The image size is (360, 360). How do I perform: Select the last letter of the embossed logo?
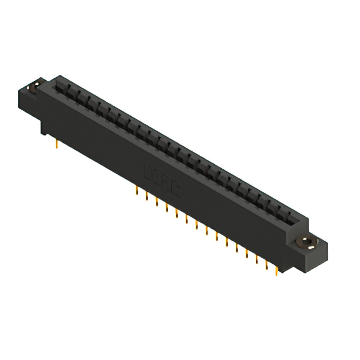(175, 190)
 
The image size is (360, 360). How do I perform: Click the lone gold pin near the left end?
(57, 146)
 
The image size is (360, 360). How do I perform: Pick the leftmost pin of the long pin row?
(137, 191)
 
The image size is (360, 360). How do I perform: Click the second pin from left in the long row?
(147, 197)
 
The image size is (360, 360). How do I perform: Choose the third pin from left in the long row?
(157, 202)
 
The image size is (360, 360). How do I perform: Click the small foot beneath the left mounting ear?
(44, 130)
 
